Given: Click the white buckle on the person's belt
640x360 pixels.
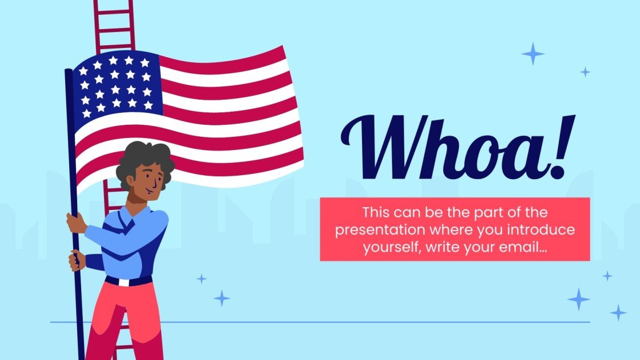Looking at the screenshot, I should click(124, 282).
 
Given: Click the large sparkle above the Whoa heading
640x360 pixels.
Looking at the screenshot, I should click(533, 54).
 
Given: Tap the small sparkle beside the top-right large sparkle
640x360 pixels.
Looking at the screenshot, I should click(585, 72).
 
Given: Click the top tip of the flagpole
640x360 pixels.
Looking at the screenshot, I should click(69, 71).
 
